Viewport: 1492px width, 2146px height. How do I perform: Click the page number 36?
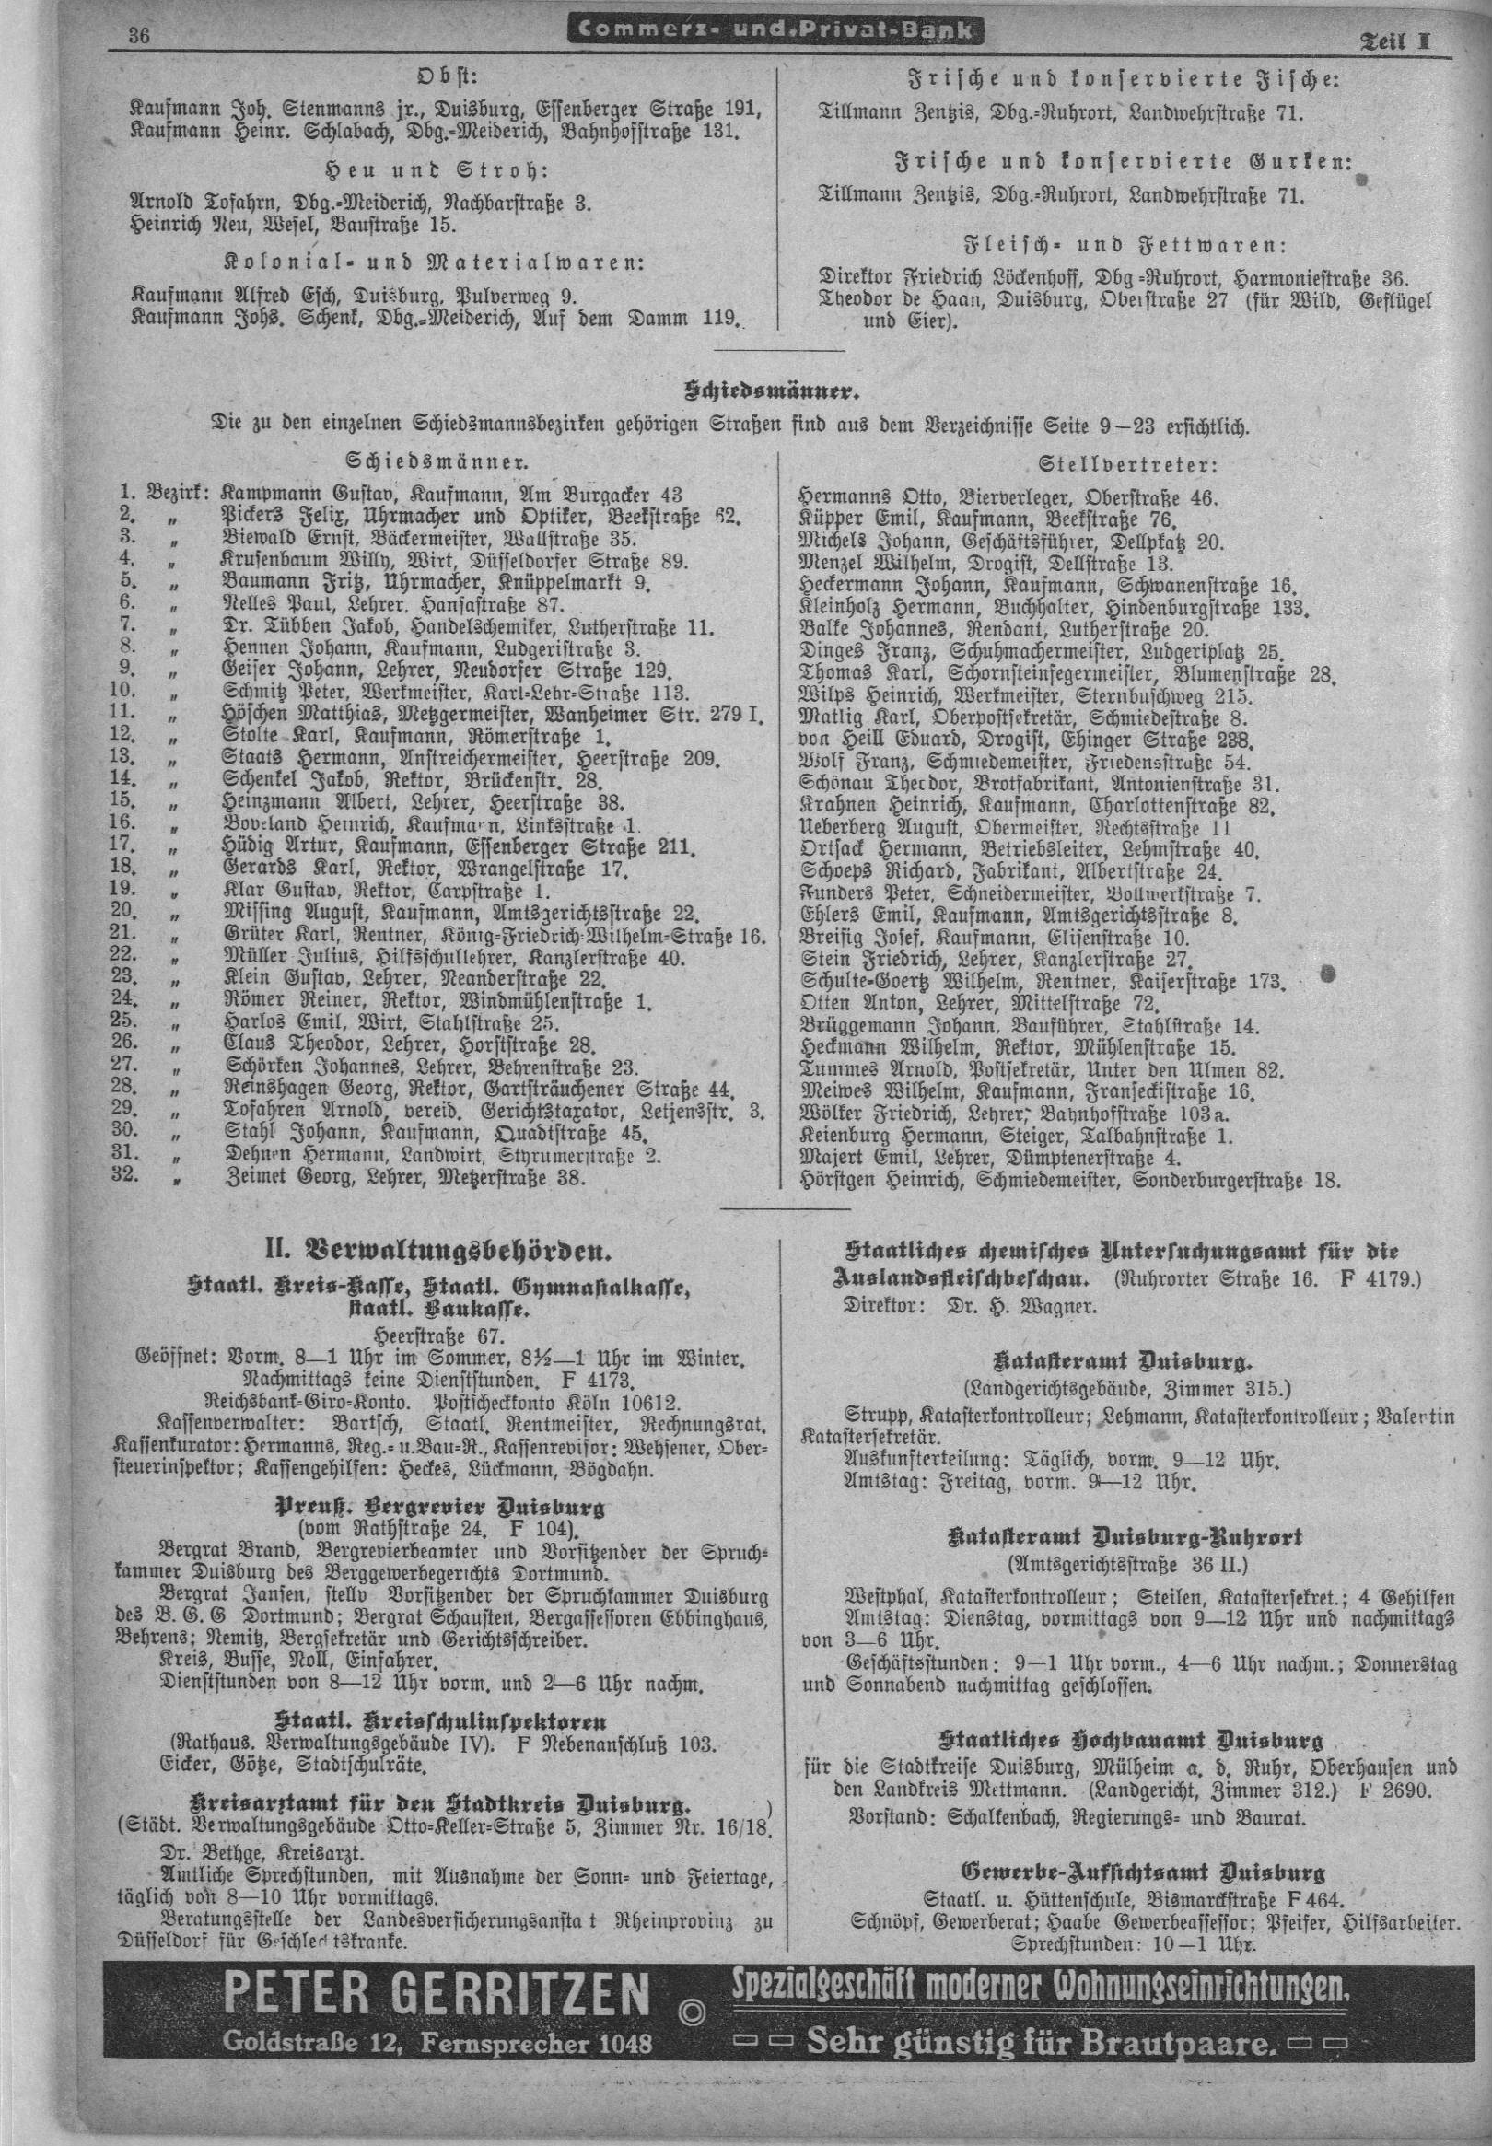(x=141, y=37)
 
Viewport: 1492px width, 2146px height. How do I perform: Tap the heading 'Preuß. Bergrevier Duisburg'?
(x=438, y=1482)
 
